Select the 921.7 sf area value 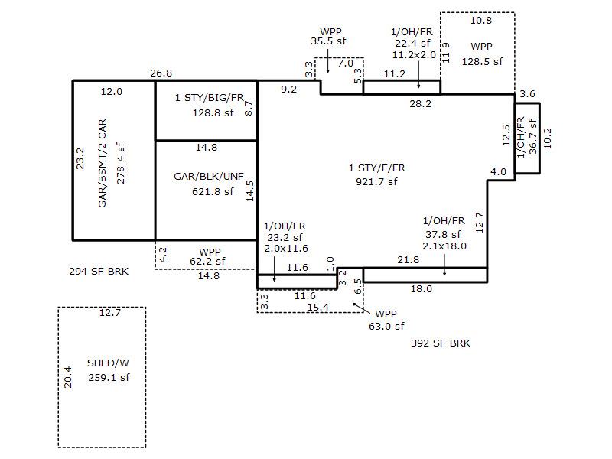click(x=376, y=181)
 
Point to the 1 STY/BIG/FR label click(x=209, y=98)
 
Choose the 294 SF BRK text click(x=98, y=271)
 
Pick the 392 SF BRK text click(x=441, y=343)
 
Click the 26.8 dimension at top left click(x=161, y=73)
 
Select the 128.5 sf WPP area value click(x=482, y=61)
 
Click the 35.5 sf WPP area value click(x=330, y=43)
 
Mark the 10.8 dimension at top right click(x=481, y=21)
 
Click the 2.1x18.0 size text click(x=444, y=246)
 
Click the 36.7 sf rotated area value click(x=532, y=137)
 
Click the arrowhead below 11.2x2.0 click(x=419, y=88)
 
